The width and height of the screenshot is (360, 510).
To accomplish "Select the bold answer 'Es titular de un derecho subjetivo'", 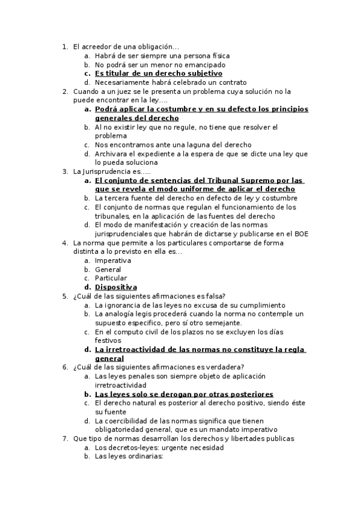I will click(x=158, y=73).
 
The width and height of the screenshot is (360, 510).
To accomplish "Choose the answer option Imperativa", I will click(x=114, y=260).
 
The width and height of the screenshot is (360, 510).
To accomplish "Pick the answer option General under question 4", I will click(x=108, y=269).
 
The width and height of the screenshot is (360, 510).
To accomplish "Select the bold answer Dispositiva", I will click(x=116, y=287).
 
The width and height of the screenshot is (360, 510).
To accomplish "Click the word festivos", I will click(x=108, y=340).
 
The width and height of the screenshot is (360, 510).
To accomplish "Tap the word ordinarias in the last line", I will click(x=143, y=456).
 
